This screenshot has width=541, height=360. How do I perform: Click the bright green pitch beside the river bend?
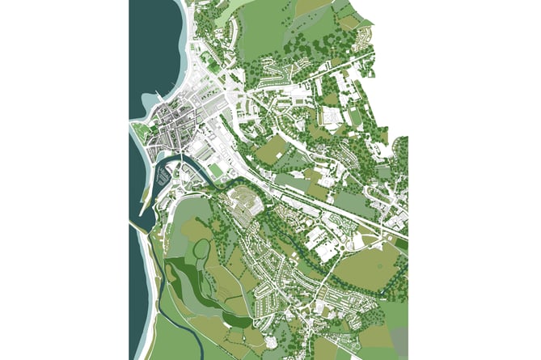pos(217,171)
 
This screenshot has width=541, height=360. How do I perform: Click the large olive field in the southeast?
pos(366,267)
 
